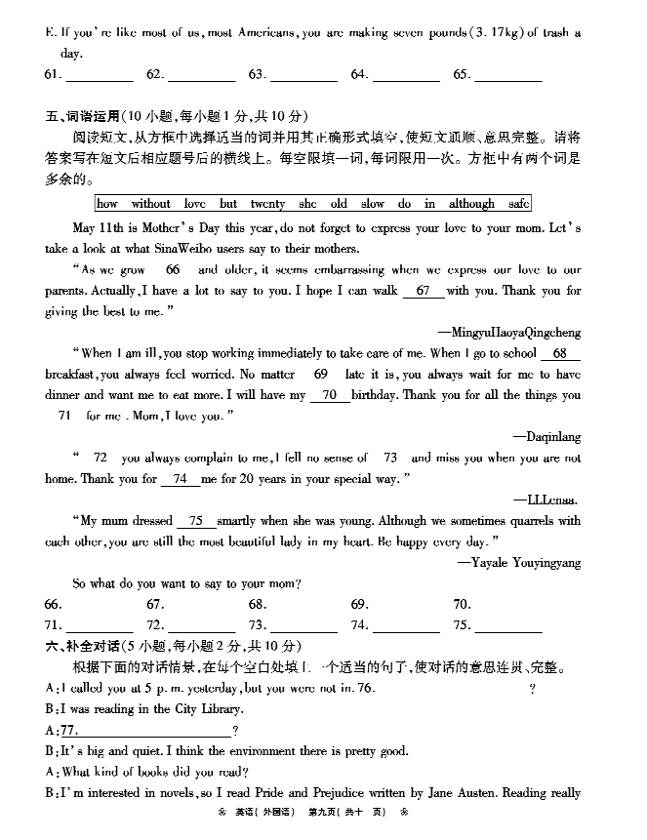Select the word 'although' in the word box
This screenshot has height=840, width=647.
click(x=471, y=204)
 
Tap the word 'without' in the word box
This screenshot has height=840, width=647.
click(x=150, y=204)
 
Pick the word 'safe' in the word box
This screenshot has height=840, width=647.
click(x=519, y=204)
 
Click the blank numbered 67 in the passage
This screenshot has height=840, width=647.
click(x=423, y=291)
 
